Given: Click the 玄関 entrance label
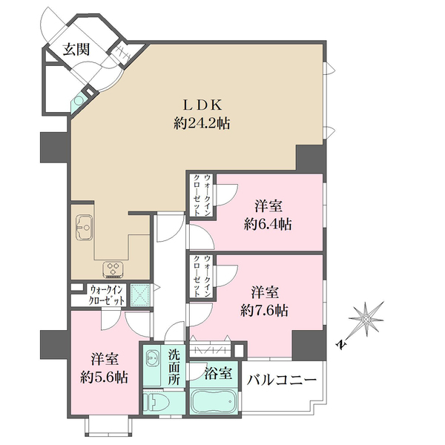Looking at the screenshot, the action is (76, 50).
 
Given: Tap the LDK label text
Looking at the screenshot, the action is (202, 105).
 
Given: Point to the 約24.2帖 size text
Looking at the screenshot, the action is (202, 124).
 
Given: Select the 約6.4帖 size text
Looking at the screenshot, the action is (268, 225).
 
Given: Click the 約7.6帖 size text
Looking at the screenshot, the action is (265, 311).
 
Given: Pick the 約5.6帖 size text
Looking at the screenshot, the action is (104, 378).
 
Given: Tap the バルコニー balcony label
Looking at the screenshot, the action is (282, 380).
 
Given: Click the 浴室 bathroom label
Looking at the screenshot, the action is (218, 373).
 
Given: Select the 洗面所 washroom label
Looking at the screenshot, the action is (174, 368).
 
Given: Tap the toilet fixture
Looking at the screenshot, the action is (156, 402).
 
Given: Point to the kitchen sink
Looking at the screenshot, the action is (84, 228).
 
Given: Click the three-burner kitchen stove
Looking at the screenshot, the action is (113, 269).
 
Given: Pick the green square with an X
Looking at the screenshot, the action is (140, 295).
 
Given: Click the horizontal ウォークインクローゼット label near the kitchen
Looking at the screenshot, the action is (106, 295).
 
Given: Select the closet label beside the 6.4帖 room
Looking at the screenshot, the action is (202, 195).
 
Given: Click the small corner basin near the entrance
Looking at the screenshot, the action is (78, 100).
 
